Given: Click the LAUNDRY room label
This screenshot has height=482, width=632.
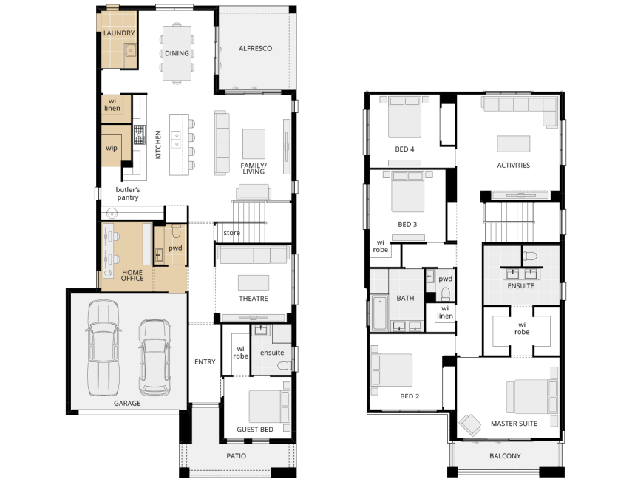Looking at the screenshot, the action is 119,33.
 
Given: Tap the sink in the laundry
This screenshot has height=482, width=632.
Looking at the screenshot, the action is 130,51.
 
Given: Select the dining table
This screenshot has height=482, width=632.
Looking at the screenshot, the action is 177,53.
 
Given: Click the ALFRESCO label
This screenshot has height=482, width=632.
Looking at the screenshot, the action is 255,48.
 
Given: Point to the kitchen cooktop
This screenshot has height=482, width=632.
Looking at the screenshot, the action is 139,135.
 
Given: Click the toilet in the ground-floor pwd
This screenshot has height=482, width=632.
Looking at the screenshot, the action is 177,231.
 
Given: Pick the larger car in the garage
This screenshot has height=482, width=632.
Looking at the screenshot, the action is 103,347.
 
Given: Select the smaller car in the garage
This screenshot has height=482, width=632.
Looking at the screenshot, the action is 154,357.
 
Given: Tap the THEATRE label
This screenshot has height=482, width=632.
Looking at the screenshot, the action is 253,299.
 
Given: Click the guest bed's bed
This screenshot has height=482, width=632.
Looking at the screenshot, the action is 269,407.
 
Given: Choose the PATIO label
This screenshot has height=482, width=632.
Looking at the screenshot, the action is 237,456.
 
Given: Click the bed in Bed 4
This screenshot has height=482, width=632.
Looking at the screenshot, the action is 404,117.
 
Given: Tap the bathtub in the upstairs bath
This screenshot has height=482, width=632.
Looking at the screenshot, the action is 379,313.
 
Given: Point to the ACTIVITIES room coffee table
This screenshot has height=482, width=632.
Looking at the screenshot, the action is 514,144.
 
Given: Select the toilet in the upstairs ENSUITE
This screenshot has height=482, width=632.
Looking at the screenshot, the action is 529,256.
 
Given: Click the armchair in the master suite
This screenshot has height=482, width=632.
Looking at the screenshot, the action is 469,425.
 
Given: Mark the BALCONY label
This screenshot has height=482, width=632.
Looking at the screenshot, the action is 505,456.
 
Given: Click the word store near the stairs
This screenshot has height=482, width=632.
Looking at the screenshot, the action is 232,233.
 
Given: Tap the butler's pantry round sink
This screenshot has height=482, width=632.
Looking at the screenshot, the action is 112,212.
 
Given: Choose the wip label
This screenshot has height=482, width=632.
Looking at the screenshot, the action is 112,149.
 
